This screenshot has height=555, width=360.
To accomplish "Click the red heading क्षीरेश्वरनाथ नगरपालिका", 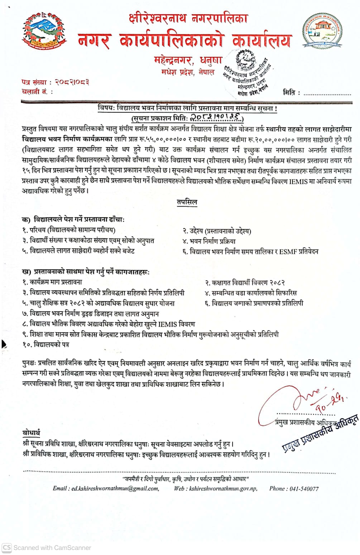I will point(188,18).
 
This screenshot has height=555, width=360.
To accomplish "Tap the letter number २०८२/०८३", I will point(72,82).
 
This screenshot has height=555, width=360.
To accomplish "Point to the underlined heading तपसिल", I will point(187,202).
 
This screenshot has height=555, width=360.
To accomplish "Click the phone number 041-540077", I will point(304,488).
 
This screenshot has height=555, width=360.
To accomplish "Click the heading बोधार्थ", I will point(31,433).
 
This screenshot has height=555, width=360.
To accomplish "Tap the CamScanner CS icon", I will point(7,547).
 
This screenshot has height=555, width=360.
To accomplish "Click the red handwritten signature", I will point(304,399).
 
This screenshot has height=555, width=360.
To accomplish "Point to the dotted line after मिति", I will point(327,93).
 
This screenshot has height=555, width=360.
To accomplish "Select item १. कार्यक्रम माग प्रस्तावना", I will point(52,282).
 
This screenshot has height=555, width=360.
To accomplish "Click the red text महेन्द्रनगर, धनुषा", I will point(188,60).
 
